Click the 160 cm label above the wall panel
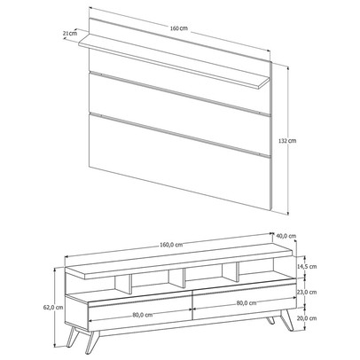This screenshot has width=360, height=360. tap(182, 28)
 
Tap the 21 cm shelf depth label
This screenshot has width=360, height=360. tap(68, 34)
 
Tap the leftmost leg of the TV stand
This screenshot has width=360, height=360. tap(92, 335)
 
